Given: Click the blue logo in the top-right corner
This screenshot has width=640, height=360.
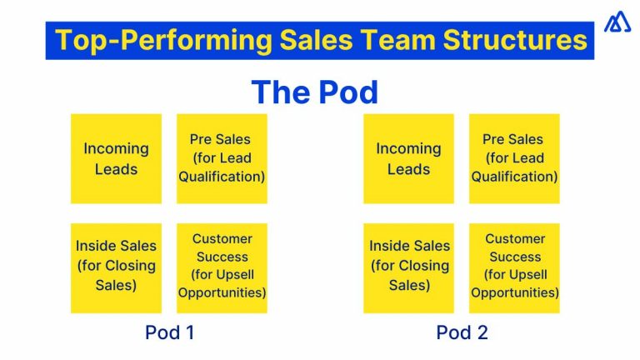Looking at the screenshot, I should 617,22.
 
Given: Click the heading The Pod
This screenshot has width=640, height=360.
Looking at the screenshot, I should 314,92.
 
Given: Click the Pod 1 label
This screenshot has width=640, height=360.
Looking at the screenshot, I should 169,332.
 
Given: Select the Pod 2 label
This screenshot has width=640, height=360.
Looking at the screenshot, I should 462,332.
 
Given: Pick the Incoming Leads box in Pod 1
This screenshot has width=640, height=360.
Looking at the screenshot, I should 116,158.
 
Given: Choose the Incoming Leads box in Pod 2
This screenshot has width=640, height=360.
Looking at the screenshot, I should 408,158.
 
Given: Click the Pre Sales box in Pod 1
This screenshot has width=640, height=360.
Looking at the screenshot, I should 222,158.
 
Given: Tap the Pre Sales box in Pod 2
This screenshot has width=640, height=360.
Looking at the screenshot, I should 514,158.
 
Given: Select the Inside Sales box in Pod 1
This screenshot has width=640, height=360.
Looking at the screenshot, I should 116,267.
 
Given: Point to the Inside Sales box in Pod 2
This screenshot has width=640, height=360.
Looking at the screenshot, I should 408,267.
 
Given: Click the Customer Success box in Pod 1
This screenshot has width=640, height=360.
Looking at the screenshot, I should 222,267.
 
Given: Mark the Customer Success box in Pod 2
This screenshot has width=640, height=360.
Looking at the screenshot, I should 514,267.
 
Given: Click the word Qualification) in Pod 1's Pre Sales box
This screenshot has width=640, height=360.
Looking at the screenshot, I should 222,177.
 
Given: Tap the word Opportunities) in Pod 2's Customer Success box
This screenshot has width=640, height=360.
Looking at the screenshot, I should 514,293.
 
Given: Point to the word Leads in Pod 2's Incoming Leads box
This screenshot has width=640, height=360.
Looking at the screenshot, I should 408,169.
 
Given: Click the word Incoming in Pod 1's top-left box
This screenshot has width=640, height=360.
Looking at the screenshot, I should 116,149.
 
